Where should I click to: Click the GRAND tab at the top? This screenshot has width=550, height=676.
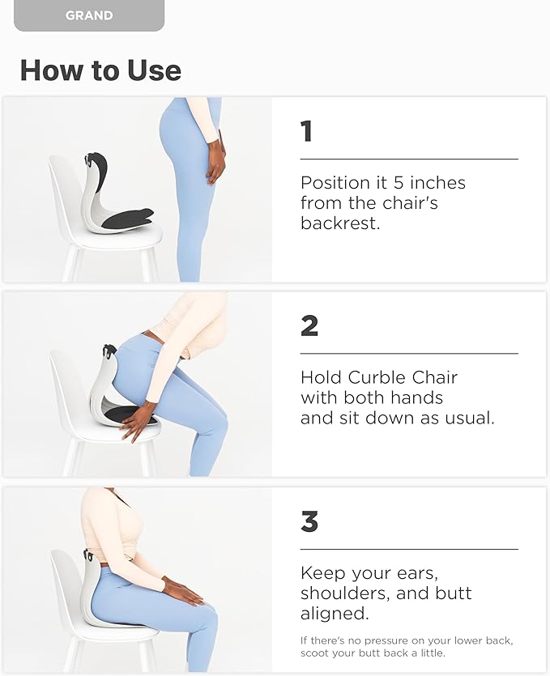pos(89,15)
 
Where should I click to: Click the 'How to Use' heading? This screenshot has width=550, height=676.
pos(100,70)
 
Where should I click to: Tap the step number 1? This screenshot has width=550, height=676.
pos(306,131)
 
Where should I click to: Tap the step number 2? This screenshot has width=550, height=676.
pos(309,326)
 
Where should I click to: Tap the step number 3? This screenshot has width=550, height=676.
pos(309,522)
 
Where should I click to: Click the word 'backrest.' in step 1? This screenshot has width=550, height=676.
pos(340,223)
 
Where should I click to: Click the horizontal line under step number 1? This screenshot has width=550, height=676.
pos(409,159)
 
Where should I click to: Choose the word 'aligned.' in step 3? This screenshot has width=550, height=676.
pos(334,614)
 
